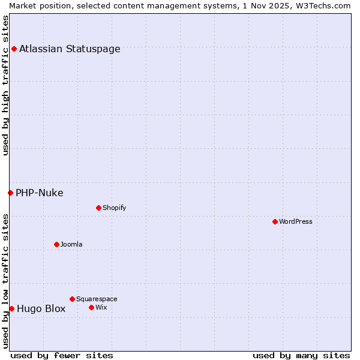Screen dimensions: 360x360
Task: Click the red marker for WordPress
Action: pyautogui.click(x=275, y=221)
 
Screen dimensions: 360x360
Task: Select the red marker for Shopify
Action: pyautogui.click(x=98, y=208)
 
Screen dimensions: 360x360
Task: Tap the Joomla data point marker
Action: pyautogui.click(x=56, y=244)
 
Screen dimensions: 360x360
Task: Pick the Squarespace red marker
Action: pyautogui.click(x=72, y=299)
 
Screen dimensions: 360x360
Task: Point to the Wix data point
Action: pyautogui.click(x=91, y=307)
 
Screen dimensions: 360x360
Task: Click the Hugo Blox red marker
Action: pyautogui.click(x=11, y=308)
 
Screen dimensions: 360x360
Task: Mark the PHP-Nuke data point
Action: pyautogui.click(x=10, y=193)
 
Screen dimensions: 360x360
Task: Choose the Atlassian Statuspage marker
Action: pyautogui.click(x=14, y=49)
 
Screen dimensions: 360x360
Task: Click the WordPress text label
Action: pyautogui.click(x=296, y=221)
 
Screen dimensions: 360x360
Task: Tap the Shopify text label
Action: pyautogui.click(x=114, y=208)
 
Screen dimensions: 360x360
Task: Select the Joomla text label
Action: pyautogui.click(x=71, y=244)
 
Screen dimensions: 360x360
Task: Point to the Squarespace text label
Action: pyautogui.click(x=97, y=299)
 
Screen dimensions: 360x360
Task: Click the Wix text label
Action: pyautogui.click(x=101, y=307)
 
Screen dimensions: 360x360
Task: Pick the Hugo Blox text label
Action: pyautogui.click(x=41, y=309)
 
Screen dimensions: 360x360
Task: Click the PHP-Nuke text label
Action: pyautogui.click(x=40, y=193)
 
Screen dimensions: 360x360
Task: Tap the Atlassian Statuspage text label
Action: pyautogui.click(x=70, y=49)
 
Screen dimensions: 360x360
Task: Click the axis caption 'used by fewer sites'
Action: pyautogui.click(x=62, y=355)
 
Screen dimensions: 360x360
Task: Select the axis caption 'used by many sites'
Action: pyautogui.click(x=301, y=355)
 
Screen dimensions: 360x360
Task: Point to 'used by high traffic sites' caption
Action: pyautogui.click(x=6, y=85)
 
